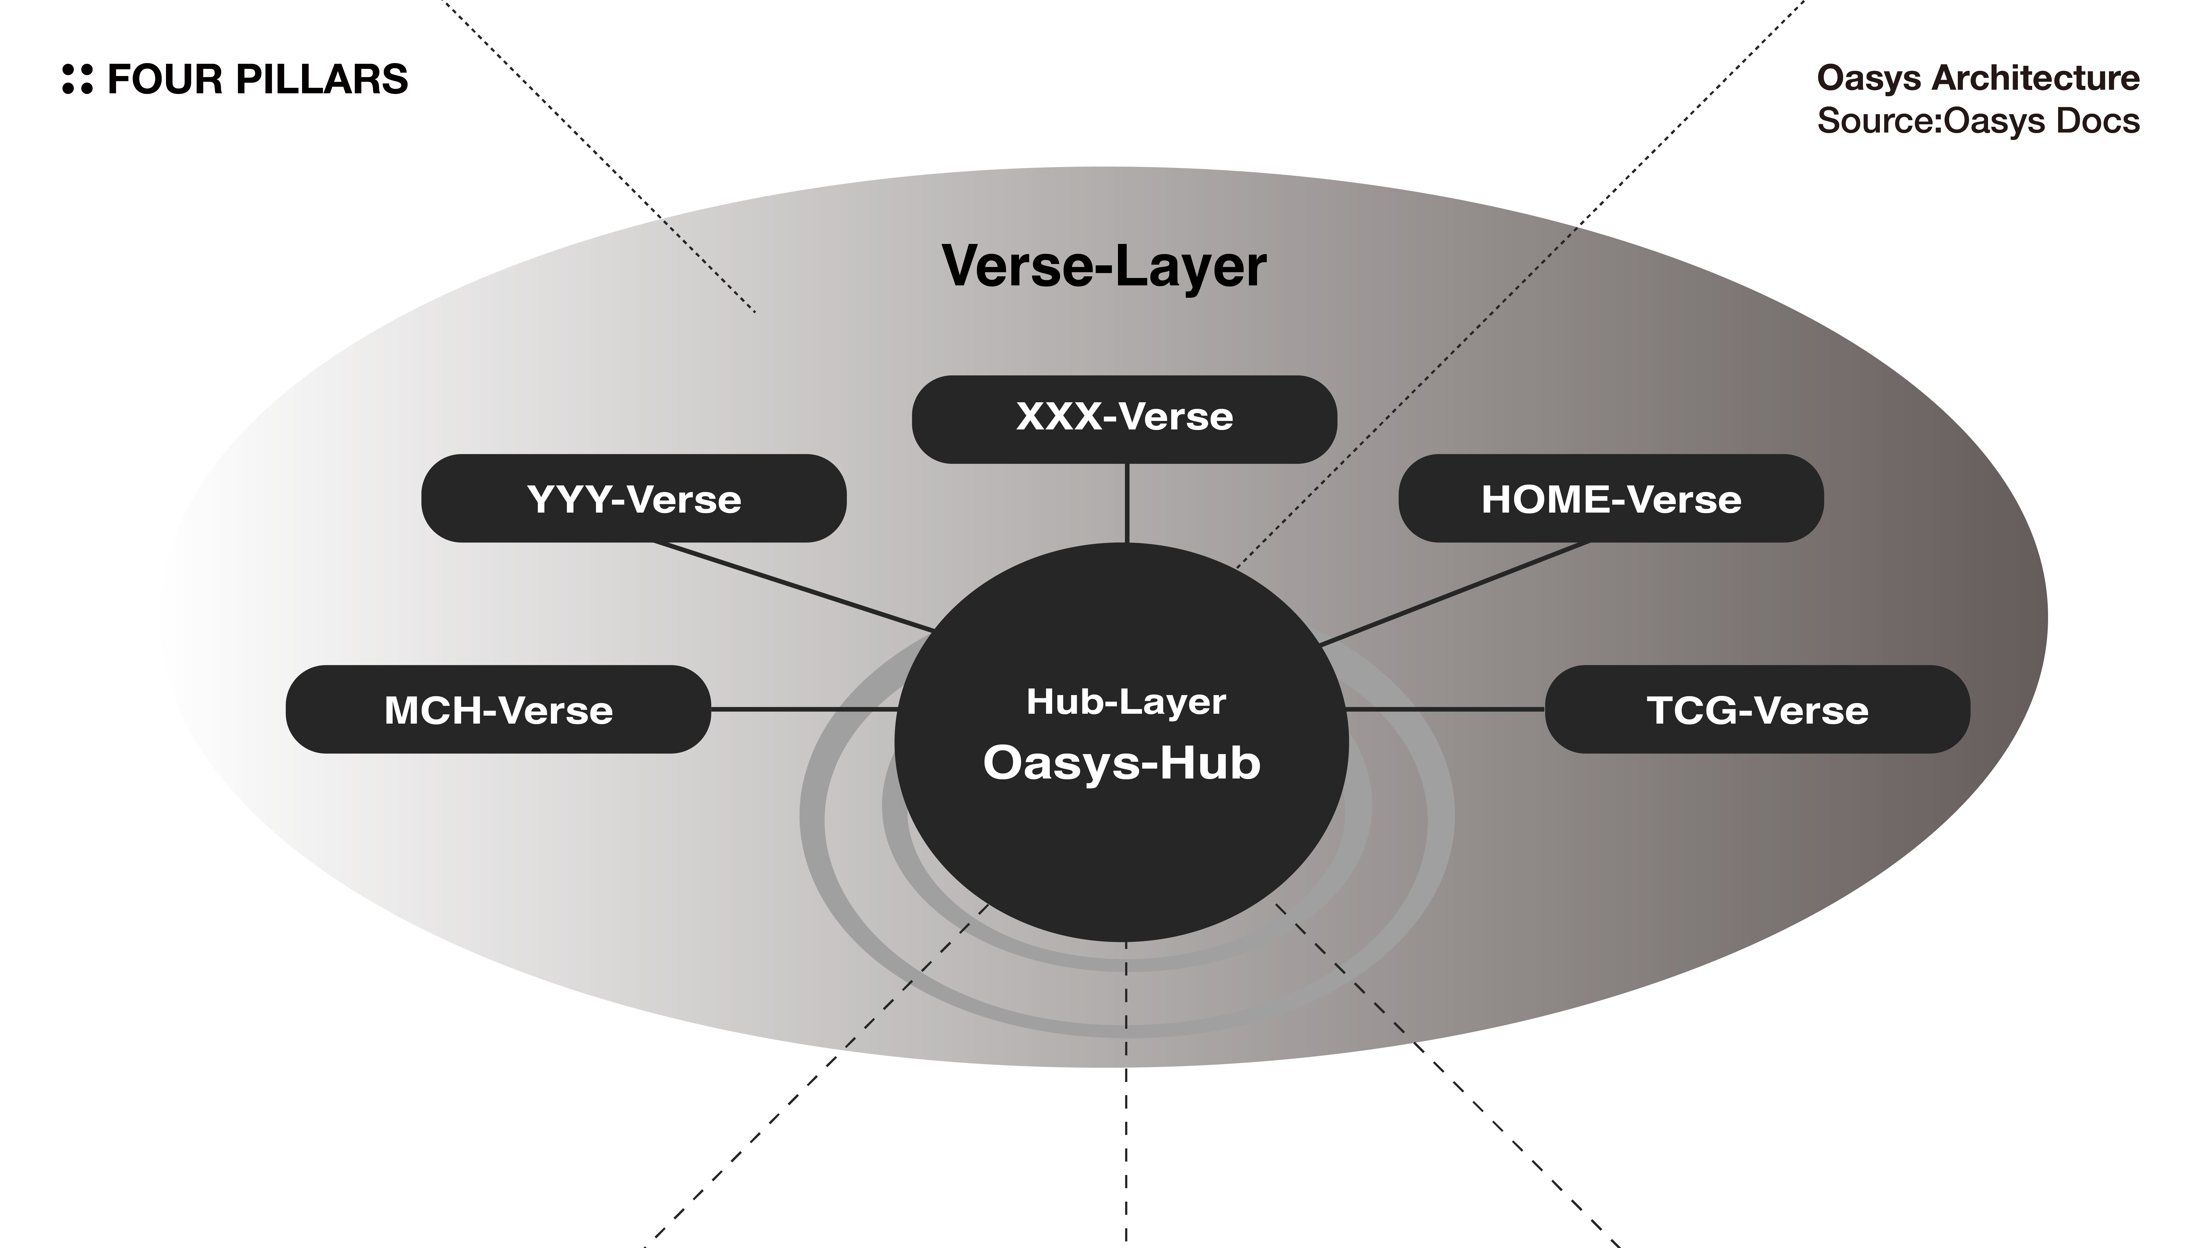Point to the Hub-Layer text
click(1125, 702)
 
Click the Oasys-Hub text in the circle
click(1121, 762)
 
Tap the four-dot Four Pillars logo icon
click(77, 79)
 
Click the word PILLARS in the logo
click(322, 79)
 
